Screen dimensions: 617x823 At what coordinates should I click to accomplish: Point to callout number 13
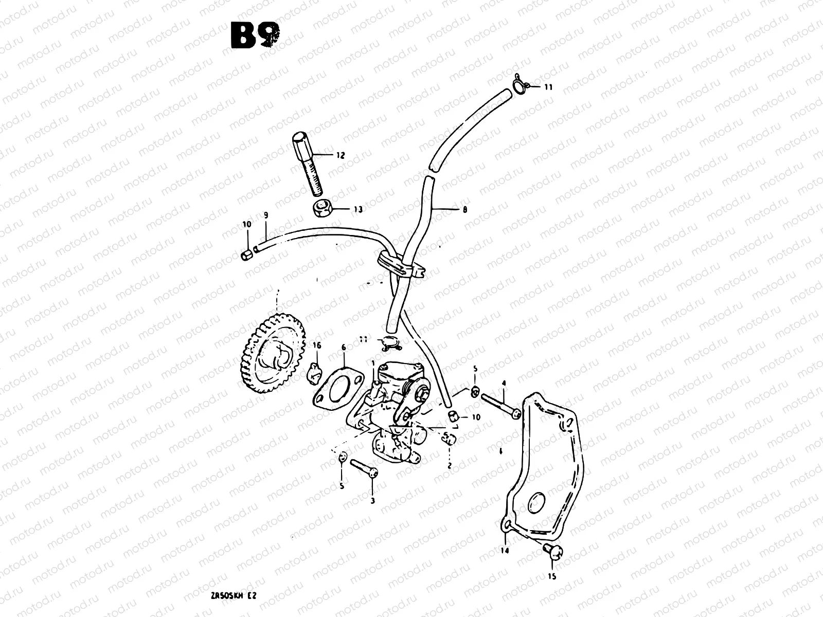coord(357,209)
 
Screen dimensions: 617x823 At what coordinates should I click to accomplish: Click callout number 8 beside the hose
coord(465,210)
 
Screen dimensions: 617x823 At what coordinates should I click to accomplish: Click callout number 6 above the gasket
coord(344,348)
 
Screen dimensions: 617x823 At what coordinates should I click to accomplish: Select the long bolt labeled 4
coord(497,403)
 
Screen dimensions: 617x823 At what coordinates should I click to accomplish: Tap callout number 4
coord(504,383)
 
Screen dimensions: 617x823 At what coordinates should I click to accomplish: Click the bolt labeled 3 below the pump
coord(364,468)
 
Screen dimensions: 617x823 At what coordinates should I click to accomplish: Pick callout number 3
coord(372,500)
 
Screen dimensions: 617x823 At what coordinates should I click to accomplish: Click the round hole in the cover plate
coord(535,502)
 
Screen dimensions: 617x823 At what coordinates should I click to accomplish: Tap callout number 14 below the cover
coord(505,550)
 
